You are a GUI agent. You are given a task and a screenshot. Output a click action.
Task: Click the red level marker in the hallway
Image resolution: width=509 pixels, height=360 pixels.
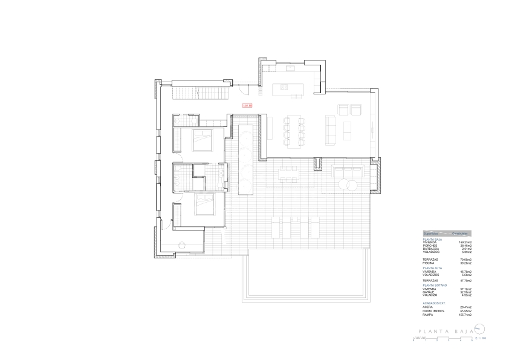(x=246, y=106)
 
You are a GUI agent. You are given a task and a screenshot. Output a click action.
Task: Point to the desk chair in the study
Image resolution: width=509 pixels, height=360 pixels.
(x=182, y=244)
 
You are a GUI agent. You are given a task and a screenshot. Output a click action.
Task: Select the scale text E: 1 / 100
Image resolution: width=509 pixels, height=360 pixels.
(x=481, y=338)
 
